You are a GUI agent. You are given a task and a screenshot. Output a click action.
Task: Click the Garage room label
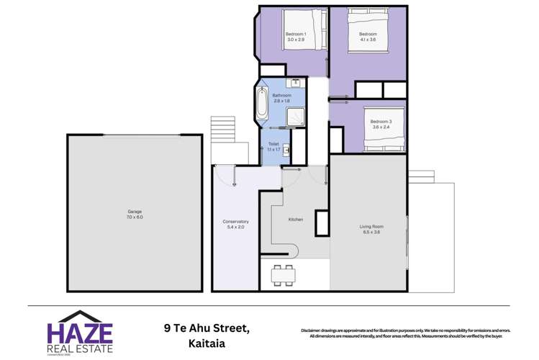(x=135, y=211)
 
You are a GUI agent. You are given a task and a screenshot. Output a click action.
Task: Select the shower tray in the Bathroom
(x=296, y=117)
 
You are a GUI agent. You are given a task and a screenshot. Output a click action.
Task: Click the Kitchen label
(x=295, y=219)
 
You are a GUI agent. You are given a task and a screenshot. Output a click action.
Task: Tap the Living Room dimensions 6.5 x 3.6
(x=371, y=232)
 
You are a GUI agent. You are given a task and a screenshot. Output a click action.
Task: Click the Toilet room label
(x=273, y=144)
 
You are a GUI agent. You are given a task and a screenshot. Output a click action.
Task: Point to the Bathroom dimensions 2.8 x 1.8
(x=281, y=101)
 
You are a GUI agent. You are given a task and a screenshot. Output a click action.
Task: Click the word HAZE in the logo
(x=79, y=333)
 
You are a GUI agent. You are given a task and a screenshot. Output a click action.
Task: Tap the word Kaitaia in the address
(x=206, y=343)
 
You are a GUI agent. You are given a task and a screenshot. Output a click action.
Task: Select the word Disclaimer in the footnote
(x=314, y=330)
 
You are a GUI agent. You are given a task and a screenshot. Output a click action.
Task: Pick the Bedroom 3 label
(x=381, y=122)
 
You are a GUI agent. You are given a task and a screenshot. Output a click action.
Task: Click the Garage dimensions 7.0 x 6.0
(x=135, y=217)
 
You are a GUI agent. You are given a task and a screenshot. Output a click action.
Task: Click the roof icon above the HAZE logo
(x=80, y=315)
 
